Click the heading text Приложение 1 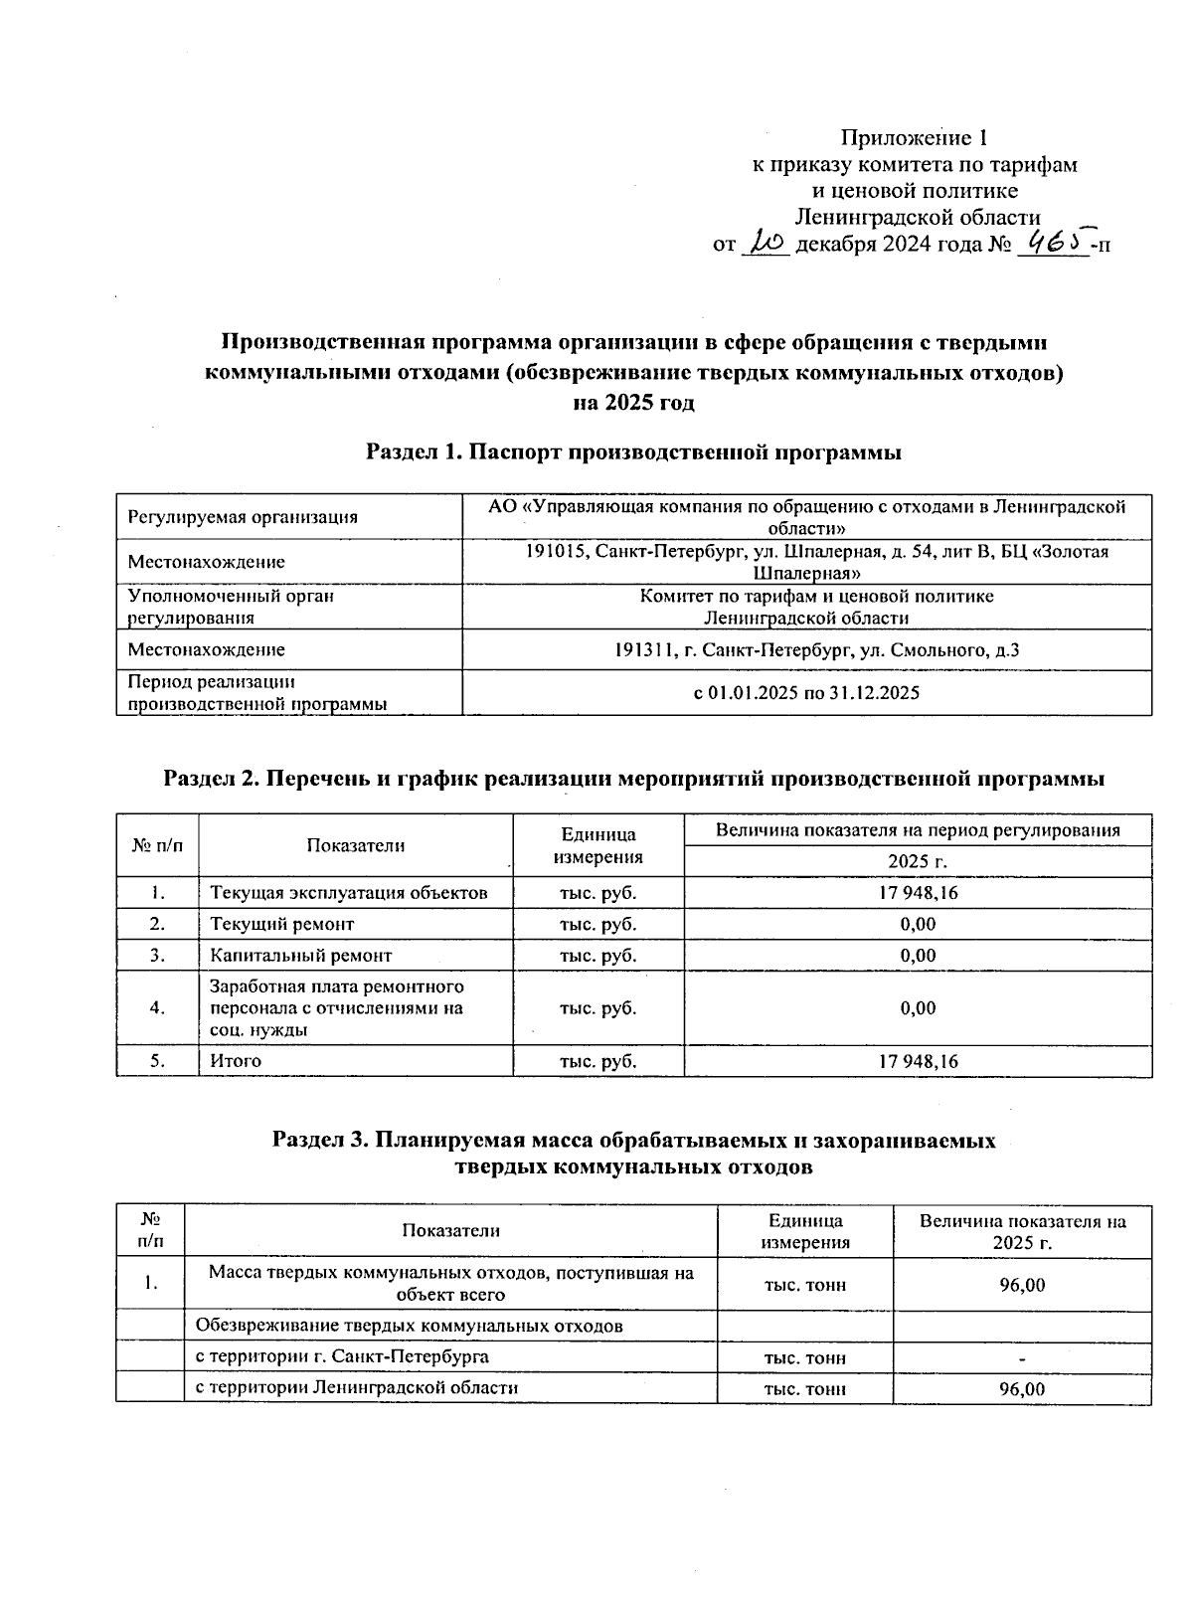click(x=914, y=136)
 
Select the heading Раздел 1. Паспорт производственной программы click(x=634, y=452)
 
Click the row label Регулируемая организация click(x=243, y=517)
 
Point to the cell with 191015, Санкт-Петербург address click(x=806, y=562)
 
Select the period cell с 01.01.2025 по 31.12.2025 click(x=806, y=692)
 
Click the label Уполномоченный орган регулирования click(x=232, y=607)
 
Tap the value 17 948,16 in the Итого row click(x=918, y=1061)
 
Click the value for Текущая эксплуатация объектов click(x=918, y=893)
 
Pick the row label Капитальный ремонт click(x=300, y=956)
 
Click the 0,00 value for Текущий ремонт click(x=918, y=924)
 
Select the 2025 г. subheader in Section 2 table click(x=918, y=861)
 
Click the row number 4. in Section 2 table click(x=157, y=1008)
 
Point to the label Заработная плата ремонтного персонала click(x=337, y=1008)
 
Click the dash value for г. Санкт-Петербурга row click(x=1022, y=1357)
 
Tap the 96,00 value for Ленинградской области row click(x=1022, y=1388)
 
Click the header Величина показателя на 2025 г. click(x=1022, y=1232)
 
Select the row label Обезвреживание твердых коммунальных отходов click(x=410, y=1326)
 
